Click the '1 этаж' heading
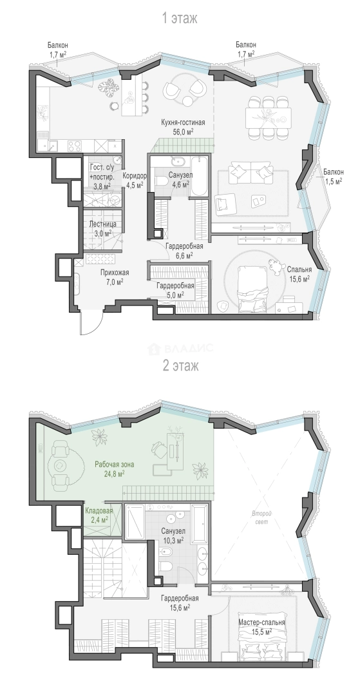tap(180, 18)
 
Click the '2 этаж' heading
tap(180, 366)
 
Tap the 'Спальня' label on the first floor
tap(299, 269)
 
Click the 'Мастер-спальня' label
tap(261, 623)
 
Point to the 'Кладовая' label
tap(99, 511)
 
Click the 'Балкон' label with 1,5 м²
tap(332, 172)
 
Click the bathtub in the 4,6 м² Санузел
tap(198, 175)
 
